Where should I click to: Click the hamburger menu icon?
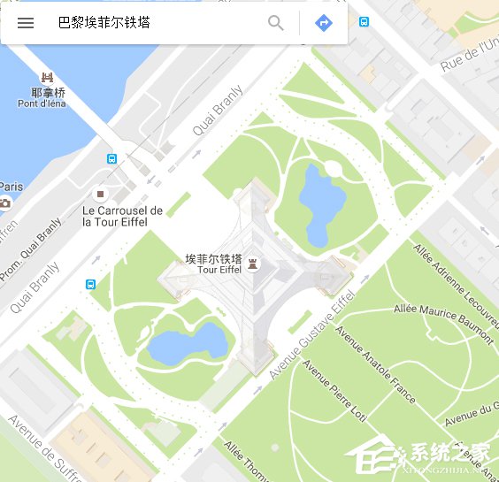(26, 23)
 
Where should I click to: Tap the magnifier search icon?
(276, 23)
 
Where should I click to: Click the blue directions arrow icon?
(324, 23)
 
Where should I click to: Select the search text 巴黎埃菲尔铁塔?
(104, 23)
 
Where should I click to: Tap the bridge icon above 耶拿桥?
(47, 78)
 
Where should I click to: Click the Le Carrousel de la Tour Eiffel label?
(122, 216)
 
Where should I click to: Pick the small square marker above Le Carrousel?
(101, 193)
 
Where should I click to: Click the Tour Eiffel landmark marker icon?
(253, 263)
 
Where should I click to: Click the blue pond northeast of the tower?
(315, 202)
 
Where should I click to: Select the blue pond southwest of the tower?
(187, 344)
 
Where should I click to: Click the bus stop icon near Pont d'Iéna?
(111, 159)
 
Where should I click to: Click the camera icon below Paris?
(5, 203)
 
